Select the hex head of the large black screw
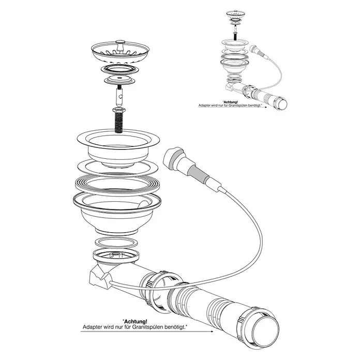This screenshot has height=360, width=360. pos(118,110)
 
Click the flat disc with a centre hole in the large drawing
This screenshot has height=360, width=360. pos(119,80)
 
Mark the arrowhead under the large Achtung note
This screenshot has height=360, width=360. pos(211,332)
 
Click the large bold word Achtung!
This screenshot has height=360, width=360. pos(135,322)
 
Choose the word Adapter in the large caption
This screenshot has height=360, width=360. pos(92,327)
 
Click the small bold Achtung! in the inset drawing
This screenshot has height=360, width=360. pos(230,102)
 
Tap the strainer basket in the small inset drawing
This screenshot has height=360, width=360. pos(235,14)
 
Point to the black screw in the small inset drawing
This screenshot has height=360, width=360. pos(235,36)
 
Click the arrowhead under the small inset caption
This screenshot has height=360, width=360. pos(266,107)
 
